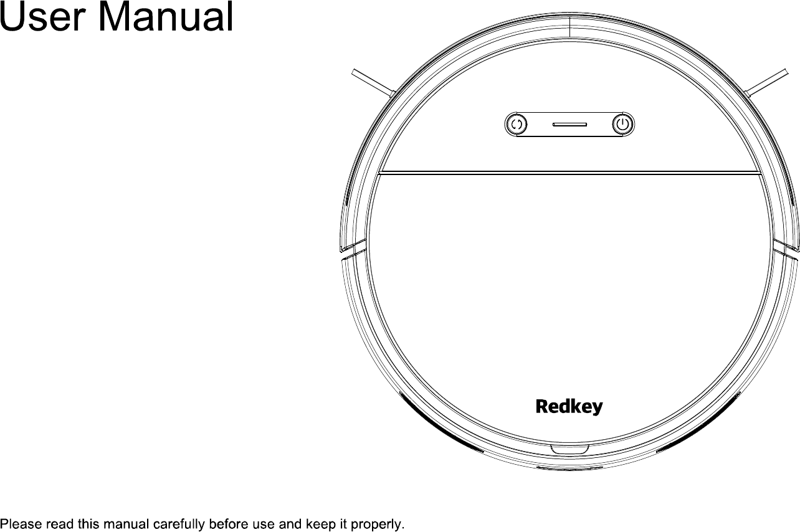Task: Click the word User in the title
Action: point(44,17)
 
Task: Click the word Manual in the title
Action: point(166,17)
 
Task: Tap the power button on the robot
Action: point(622,124)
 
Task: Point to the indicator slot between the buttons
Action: point(569,124)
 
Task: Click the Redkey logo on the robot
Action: point(569,407)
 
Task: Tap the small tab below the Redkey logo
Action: point(569,449)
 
